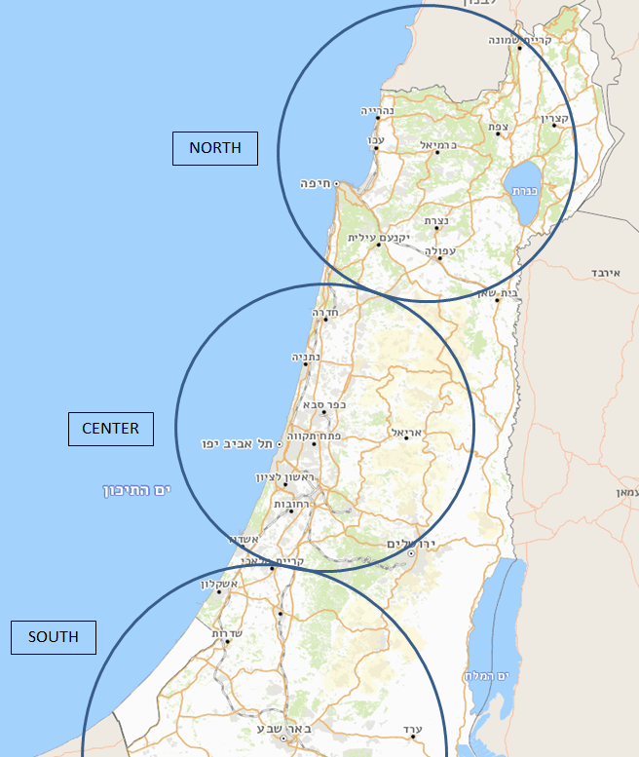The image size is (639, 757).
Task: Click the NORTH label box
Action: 215,148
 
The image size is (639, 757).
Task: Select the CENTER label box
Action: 110,429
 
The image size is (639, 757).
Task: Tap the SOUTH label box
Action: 54,637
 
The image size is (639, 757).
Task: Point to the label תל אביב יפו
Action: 237,443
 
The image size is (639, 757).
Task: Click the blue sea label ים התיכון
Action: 137,489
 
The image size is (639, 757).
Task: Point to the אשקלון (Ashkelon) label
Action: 219,584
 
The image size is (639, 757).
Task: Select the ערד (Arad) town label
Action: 412,730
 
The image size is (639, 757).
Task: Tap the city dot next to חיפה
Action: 336,183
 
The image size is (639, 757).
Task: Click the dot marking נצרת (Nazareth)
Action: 436,229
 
